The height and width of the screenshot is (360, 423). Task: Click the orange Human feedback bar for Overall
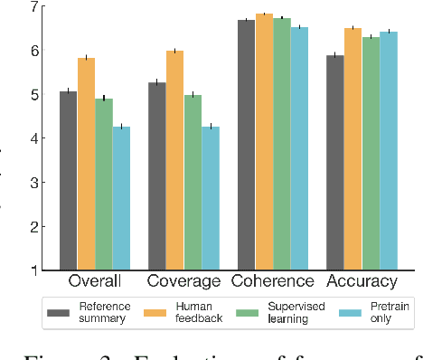(x=86, y=164)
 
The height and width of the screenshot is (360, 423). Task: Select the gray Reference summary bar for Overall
(x=68, y=180)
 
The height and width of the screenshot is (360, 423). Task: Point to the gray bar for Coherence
(x=246, y=145)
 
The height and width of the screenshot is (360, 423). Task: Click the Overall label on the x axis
(x=95, y=281)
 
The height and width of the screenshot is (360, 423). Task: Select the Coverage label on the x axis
(x=183, y=281)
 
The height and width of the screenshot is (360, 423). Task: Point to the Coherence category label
(x=272, y=281)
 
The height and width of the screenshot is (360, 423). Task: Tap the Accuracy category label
(x=362, y=281)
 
